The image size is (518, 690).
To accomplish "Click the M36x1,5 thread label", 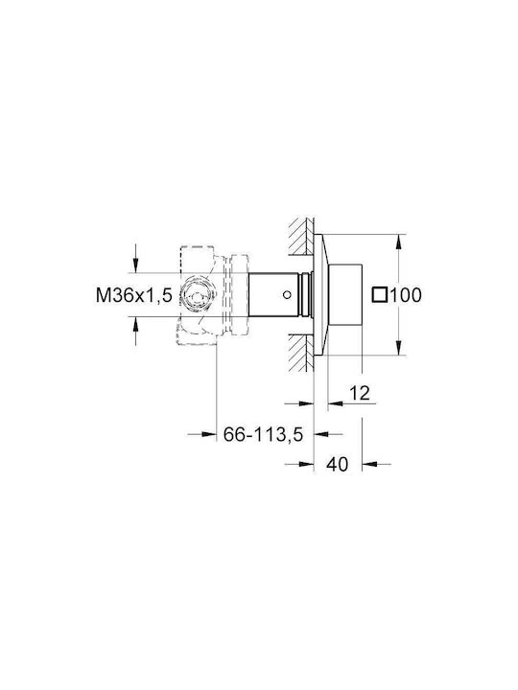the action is click(x=134, y=295).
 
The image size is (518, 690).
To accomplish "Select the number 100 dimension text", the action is click(x=406, y=295).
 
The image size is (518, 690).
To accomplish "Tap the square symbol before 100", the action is click(x=379, y=295).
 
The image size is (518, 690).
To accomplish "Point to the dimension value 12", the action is click(x=360, y=393).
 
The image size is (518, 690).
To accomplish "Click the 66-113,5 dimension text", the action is click(x=264, y=435).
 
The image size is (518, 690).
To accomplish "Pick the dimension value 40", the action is click(x=338, y=464).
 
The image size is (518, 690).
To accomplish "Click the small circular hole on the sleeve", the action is click(x=287, y=294).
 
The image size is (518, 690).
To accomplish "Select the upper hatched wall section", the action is click(x=301, y=236).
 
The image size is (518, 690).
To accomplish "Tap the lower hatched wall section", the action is click(x=301, y=353).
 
